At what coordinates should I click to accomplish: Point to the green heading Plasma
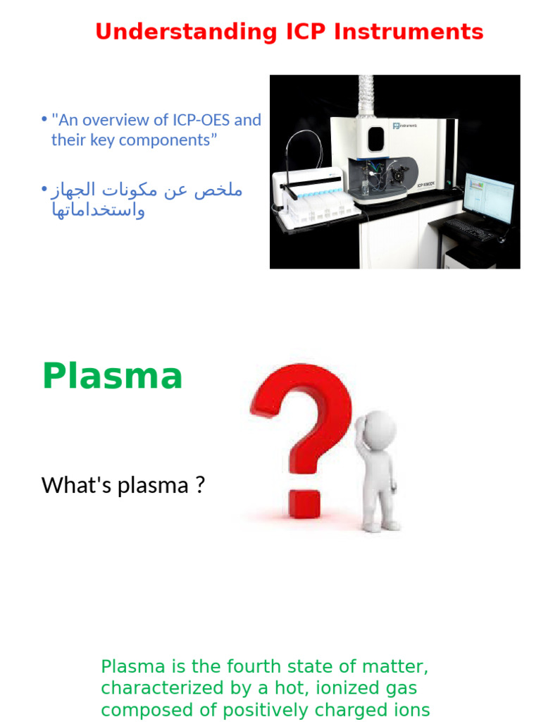pyautogui.click(x=112, y=376)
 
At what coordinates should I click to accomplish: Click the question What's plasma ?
pyautogui.click(x=123, y=485)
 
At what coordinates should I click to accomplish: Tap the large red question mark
pyautogui.click(x=301, y=423)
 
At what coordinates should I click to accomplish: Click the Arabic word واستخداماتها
pyautogui.click(x=98, y=210)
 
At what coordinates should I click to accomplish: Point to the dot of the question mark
pyautogui.click(x=304, y=503)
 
